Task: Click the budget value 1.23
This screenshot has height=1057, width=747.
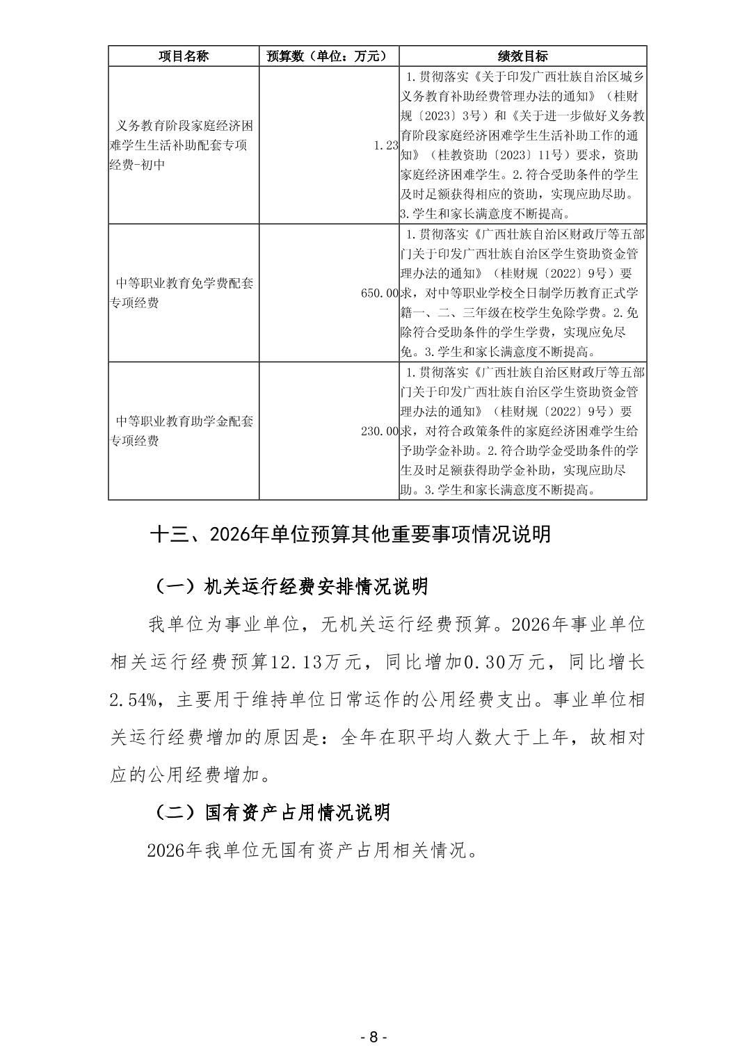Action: [x=385, y=145]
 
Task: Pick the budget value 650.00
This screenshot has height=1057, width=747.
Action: [x=380, y=293]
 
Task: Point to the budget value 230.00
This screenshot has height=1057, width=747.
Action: [x=380, y=431]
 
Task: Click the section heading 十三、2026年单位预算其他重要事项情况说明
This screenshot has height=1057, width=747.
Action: [x=351, y=534]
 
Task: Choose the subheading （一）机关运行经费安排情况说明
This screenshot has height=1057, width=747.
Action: [x=289, y=587]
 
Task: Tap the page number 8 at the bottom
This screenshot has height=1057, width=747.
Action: [x=373, y=1037]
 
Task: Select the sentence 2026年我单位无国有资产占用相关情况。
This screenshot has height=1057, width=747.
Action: [x=312, y=850]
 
